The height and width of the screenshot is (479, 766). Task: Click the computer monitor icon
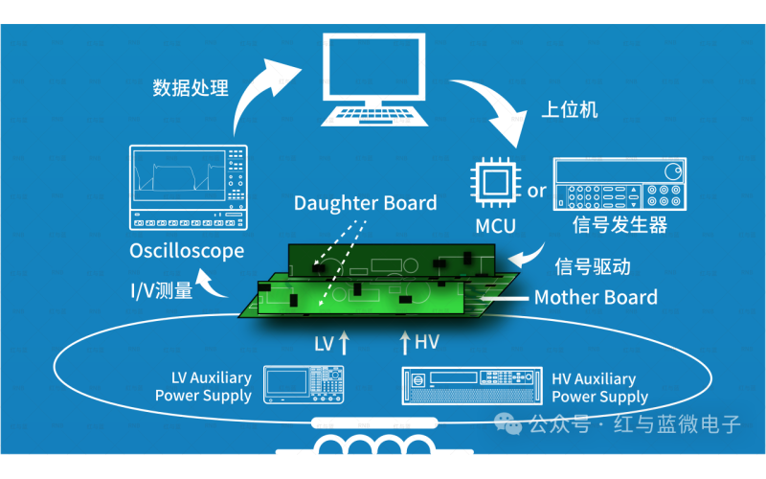(x=374, y=80)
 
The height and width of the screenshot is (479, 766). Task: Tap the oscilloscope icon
(x=189, y=187)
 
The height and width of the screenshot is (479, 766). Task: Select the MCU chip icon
(x=495, y=183)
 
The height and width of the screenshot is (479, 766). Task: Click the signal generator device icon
(x=620, y=184)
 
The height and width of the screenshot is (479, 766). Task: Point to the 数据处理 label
(x=191, y=88)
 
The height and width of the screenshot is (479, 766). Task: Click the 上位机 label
(x=570, y=109)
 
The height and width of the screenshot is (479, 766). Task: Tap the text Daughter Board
(x=366, y=203)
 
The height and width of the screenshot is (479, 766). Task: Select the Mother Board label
(x=596, y=297)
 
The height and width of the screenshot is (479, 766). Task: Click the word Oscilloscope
(x=187, y=251)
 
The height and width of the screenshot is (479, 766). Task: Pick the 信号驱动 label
(x=593, y=266)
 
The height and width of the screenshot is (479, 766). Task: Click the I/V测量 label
(x=162, y=291)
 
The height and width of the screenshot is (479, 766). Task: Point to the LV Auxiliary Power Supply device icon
(x=304, y=385)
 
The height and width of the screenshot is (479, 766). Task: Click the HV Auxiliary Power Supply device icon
(x=472, y=386)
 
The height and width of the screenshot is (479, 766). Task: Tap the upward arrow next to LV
(x=344, y=342)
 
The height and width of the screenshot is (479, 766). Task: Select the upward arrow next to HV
(x=404, y=342)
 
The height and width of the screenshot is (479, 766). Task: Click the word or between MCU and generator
(x=536, y=191)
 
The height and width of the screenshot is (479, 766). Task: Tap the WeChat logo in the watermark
(x=508, y=423)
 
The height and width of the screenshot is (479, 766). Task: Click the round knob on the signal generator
(x=673, y=171)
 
